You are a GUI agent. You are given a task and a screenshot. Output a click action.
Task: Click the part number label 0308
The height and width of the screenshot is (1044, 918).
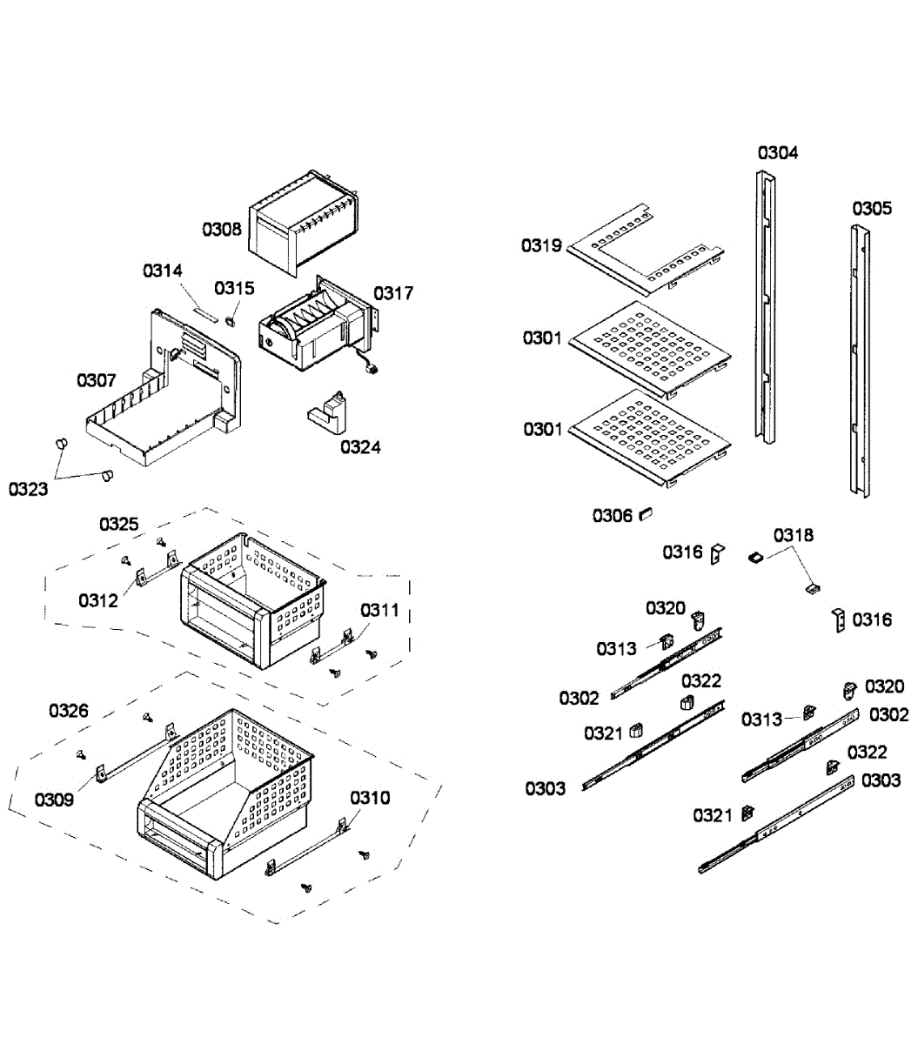click(x=222, y=230)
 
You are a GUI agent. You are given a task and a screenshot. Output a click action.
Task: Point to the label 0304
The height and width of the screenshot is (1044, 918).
click(x=777, y=153)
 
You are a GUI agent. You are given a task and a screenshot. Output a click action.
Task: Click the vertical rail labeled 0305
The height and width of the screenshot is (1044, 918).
click(x=860, y=361)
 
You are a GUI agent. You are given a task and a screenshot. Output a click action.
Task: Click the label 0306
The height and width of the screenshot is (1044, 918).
click(x=613, y=516)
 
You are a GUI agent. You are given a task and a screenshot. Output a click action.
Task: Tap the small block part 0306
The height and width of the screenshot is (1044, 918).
click(x=646, y=513)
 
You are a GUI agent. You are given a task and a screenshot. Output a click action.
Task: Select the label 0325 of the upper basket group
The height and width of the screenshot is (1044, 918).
click(x=118, y=524)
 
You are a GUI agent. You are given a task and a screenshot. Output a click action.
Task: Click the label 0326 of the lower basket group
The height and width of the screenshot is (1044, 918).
click(x=68, y=711)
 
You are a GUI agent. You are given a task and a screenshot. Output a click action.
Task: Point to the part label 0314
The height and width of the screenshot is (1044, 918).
click(x=163, y=271)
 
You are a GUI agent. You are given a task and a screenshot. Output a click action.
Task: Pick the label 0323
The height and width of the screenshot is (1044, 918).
click(x=29, y=489)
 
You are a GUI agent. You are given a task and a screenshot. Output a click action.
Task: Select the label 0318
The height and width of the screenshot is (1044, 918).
click(x=794, y=535)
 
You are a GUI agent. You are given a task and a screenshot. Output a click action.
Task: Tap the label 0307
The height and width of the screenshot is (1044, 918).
click(x=97, y=380)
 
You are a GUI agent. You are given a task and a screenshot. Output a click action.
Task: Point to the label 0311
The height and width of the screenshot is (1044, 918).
click(x=379, y=610)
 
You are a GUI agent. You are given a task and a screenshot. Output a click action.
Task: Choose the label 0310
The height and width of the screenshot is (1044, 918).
click(x=370, y=798)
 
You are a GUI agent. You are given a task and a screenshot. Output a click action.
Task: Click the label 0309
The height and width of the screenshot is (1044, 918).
click(x=54, y=799)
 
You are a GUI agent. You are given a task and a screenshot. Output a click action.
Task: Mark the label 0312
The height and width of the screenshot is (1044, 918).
click(x=97, y=600)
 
